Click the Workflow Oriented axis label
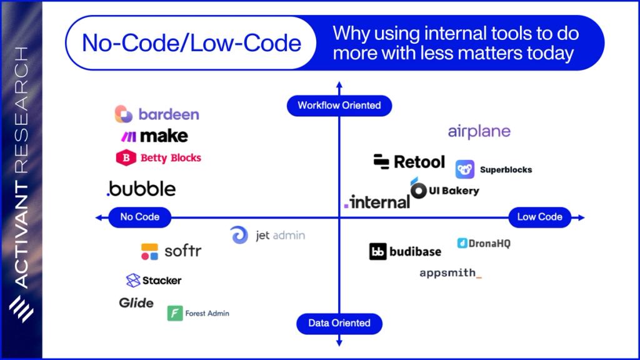339,105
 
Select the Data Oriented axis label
339,323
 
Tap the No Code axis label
139,217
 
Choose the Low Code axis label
539,217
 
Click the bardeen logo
157,114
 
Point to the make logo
154,136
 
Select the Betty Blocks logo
159,157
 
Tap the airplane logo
479,131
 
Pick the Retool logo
409,162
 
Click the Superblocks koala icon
465,169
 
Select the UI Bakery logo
444,189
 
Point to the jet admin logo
267,236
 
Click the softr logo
171,251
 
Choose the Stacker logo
154,280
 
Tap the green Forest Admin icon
175,313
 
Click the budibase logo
405,251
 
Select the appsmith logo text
450,273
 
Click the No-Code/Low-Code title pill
191,43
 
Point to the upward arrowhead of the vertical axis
339,84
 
